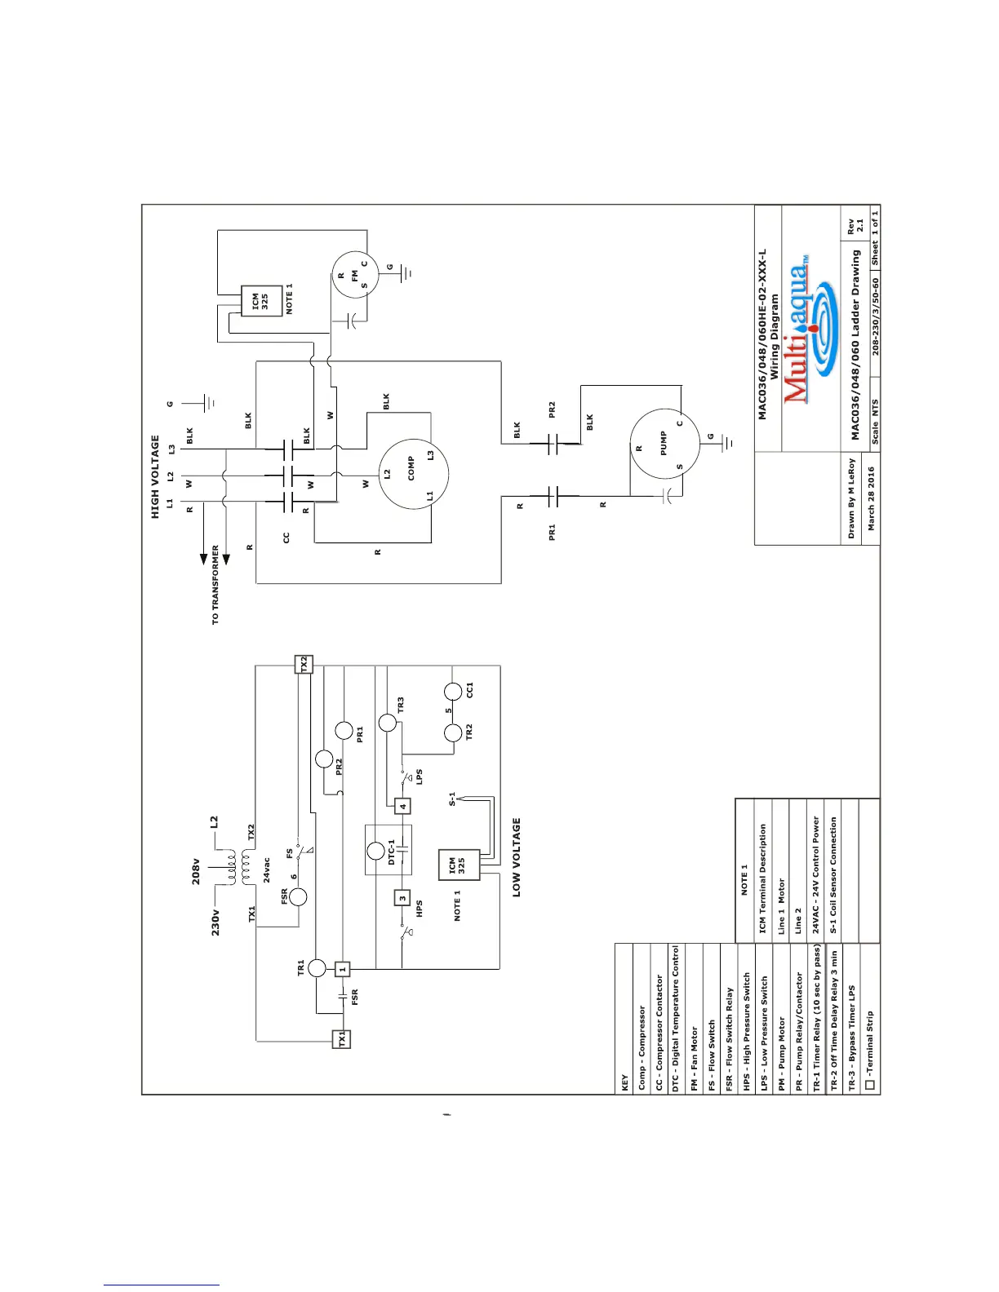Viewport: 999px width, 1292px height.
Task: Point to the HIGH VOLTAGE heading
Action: [x=155, y=476]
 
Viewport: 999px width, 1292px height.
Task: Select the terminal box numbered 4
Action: [x=402, y=807]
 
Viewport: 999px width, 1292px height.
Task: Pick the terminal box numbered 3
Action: [x=402, y=898]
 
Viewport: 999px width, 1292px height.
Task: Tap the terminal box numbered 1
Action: [x=343, y=969]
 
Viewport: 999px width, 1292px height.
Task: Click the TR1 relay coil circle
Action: [x=317, y=969]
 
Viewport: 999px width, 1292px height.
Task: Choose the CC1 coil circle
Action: [x=454, y=692]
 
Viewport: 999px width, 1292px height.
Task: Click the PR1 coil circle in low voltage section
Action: [x=344, y=731]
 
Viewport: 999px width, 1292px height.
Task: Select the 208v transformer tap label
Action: [x=196, y=871]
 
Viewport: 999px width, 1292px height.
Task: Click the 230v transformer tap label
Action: [x=215, y=923]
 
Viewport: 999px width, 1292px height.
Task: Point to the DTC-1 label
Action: [x=391, y=852]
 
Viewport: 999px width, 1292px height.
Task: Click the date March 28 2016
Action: [x=871, y=498]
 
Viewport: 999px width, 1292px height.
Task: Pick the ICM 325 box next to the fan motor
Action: [x=260, y=303]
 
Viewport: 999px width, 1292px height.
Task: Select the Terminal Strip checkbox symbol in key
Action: [x=870, y=1085]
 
